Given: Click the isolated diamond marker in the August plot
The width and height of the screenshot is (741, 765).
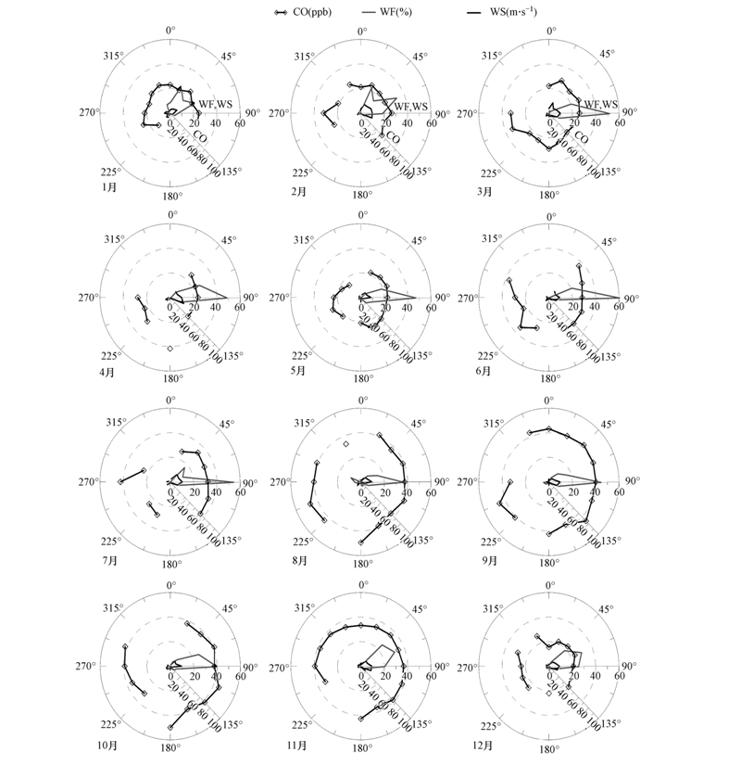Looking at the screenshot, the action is pyautogui.click(x=345, y=445).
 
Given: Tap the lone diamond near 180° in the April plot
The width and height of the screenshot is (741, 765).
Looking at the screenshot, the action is pyautogui.click(x=170, y=349).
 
